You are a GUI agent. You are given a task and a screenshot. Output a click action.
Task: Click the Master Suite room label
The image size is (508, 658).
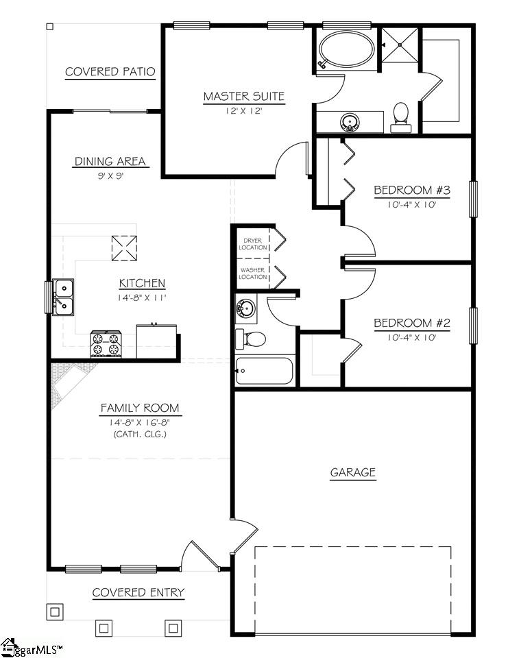(243, 97)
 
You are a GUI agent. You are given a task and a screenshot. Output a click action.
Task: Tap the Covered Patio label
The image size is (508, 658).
(110, 72)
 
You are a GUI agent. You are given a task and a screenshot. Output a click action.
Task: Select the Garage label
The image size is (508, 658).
(352, 472)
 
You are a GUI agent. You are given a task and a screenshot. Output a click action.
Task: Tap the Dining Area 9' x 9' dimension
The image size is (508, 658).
(110, 175)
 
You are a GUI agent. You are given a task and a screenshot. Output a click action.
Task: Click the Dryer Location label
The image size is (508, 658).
(253, 243)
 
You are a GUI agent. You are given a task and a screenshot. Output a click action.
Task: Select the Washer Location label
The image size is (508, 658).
(253, 273)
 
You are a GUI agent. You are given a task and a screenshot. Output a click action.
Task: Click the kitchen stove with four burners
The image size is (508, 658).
(106, 343)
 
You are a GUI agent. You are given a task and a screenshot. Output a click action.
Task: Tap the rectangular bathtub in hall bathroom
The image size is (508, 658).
(264, 371)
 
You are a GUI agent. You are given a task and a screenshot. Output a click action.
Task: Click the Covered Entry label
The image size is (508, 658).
(138, 593)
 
